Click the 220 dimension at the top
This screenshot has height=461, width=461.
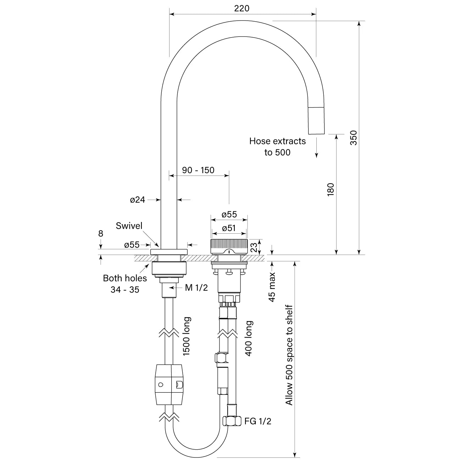[241, 8]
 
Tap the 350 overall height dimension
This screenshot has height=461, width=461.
[354, 138]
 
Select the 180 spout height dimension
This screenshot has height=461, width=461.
[331, 189]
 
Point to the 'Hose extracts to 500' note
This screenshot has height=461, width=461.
[277, 146]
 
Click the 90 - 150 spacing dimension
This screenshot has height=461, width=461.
[198, 170]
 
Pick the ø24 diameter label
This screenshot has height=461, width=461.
[138, 200]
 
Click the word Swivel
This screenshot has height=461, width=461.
[129, 226]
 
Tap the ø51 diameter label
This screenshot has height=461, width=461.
[229, 228]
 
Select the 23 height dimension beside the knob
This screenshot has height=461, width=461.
[254, 247]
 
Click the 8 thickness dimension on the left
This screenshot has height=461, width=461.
[101, 234]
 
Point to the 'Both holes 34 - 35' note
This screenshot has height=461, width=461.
[125, 284]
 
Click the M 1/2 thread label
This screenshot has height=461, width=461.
[196, 288]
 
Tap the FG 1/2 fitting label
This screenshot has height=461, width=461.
[258, 421]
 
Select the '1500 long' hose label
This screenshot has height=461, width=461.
[187, 336]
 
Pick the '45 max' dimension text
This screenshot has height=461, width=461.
[272, 287]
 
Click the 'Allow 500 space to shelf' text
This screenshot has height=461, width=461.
[289, 355]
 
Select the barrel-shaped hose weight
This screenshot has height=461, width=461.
[169, 384]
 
